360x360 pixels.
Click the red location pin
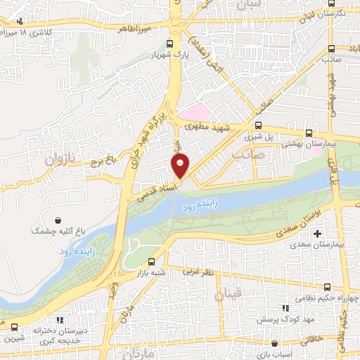181,165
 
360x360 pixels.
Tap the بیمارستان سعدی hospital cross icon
318,233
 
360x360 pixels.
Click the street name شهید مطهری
211,127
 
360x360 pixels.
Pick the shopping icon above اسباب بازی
275,345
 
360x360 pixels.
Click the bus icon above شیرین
15,327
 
